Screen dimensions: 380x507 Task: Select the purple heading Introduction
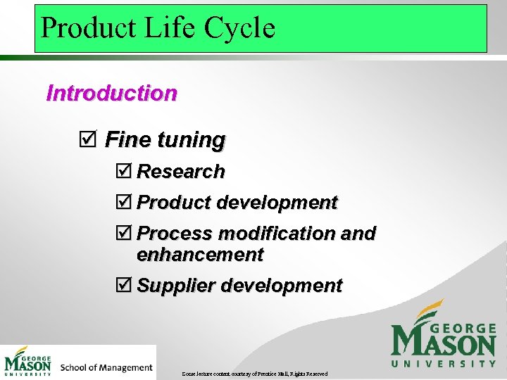click(x=111, y=93)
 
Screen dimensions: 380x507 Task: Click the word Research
click(x=181, y=171)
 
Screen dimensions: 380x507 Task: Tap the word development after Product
click(x=277, y=203)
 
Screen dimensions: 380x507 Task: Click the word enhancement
click(x=200, y=254)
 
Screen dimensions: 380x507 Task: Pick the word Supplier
click(x=176, y=286)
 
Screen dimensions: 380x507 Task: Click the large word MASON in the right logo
click(x=444, y=341)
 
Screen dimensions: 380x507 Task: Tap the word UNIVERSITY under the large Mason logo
click(x=444, y=363)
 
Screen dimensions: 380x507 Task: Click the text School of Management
click(x=106, y=367)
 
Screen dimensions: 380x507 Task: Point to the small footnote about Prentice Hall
click(x=254, y=373)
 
